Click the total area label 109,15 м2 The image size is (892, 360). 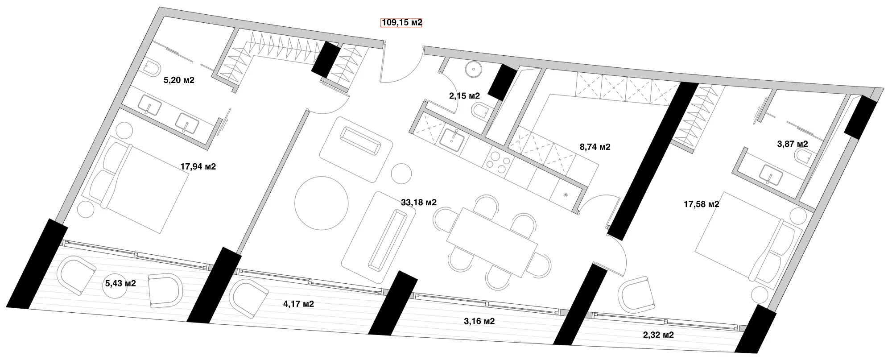click(401, 22)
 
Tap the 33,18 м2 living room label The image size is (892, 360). click(419, 202)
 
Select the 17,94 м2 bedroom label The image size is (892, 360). click(198, 166)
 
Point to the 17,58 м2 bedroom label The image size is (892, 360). click(702, 204)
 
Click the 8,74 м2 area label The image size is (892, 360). click(595, 147)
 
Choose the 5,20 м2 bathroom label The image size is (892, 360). click(179, 80)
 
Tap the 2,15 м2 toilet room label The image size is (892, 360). click(464, 95)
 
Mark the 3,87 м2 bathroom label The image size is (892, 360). click(793, 144)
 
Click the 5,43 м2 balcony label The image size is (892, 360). click(120, 283)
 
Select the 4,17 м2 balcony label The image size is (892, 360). click(298, 304)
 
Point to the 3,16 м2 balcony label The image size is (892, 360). click(479, 321)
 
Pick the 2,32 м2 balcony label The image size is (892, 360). click(658, 335)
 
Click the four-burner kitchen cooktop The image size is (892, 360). click(496, 161)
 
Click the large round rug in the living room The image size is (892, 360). click(321, 203)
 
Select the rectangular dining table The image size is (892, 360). click(492, 241)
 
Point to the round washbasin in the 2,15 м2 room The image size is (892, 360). click(474, 69)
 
